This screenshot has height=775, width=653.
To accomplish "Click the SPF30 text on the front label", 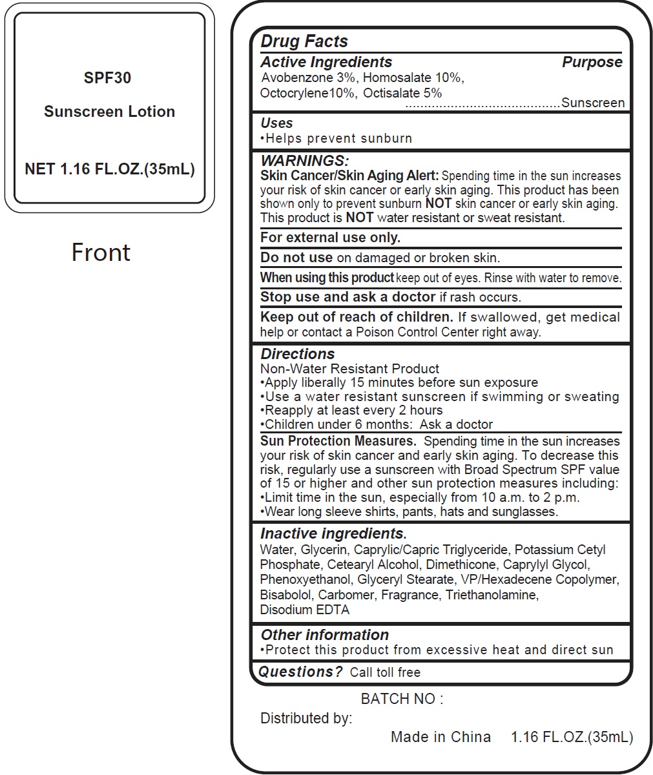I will [107, 78].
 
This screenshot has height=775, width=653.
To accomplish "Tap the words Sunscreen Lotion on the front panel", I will [109, 112].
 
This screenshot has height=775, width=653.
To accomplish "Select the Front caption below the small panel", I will [101, 252].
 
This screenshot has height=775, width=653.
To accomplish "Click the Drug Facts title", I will [304, 41].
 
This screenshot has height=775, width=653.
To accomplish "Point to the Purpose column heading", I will [592, 62].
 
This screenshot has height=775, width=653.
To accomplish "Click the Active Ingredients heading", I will [326, 62].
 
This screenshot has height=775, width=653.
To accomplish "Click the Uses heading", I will [276, 123].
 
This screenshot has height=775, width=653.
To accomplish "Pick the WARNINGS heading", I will [304, 161].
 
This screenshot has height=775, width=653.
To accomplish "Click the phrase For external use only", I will [330, 238].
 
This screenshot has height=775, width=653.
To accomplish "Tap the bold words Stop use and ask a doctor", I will [347, 297].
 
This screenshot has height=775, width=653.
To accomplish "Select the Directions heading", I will [297, 354].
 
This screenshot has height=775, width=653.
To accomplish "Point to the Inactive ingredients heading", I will [333, 534].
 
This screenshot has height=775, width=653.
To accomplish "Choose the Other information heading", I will [324, 635].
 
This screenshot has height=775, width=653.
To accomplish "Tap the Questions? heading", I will [300, 672].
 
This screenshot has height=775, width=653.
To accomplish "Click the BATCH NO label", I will [402, 699].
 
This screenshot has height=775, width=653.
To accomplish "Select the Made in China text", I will [441, 737].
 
